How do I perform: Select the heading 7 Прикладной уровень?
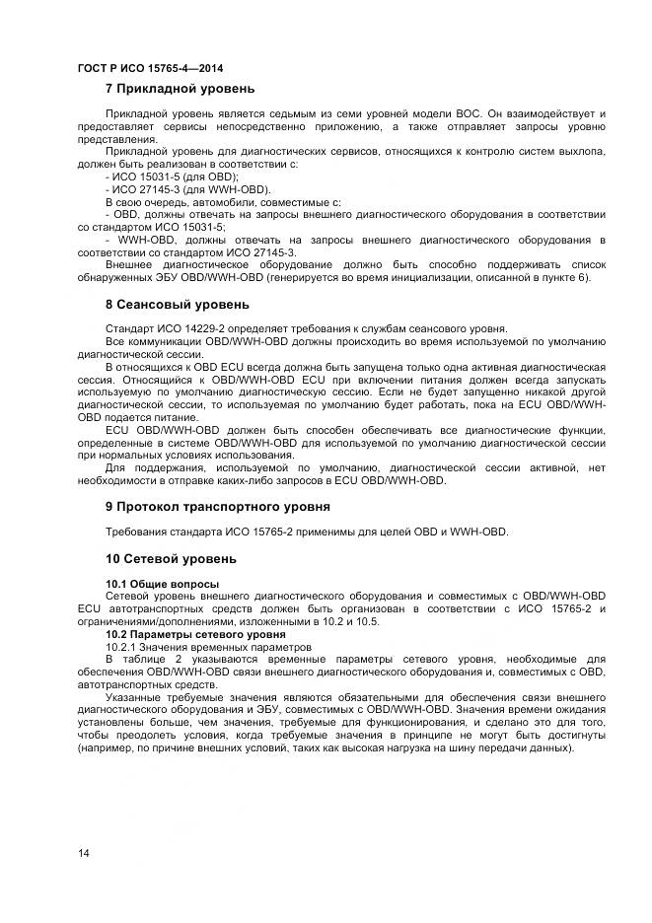181,89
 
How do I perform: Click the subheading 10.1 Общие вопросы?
149,585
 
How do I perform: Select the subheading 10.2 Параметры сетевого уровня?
181,635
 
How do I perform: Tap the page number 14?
84,853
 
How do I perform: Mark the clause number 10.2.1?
122,647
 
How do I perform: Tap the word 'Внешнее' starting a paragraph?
130,264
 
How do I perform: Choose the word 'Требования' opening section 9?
136,532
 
